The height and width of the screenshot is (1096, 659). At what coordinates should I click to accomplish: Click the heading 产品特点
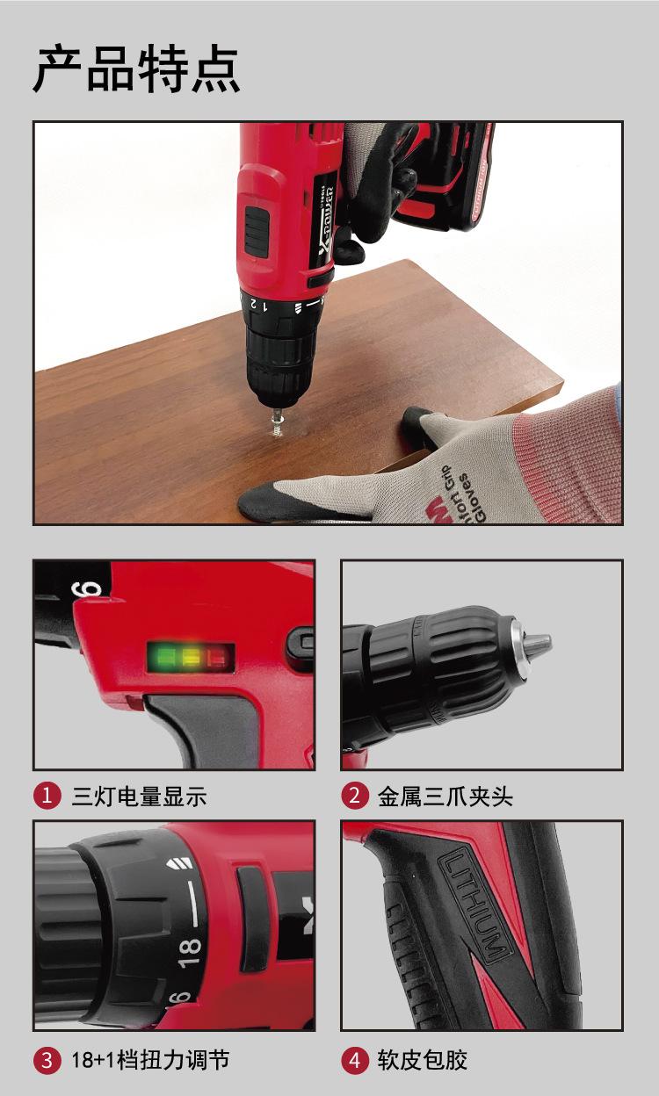point(136,69)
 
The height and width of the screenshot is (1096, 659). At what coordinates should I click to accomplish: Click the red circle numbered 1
point(47,796)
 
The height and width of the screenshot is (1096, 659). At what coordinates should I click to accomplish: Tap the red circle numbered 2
point(354,796)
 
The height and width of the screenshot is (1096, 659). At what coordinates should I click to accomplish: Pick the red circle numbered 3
point(47,1060)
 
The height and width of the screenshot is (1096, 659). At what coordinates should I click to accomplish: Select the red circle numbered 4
point(354,1060)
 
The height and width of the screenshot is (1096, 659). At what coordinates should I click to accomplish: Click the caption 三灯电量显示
point(139,797)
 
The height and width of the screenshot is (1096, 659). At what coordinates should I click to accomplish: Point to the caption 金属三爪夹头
point(445,797)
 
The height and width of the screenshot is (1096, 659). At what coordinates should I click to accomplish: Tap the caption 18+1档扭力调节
point(150,1060)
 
